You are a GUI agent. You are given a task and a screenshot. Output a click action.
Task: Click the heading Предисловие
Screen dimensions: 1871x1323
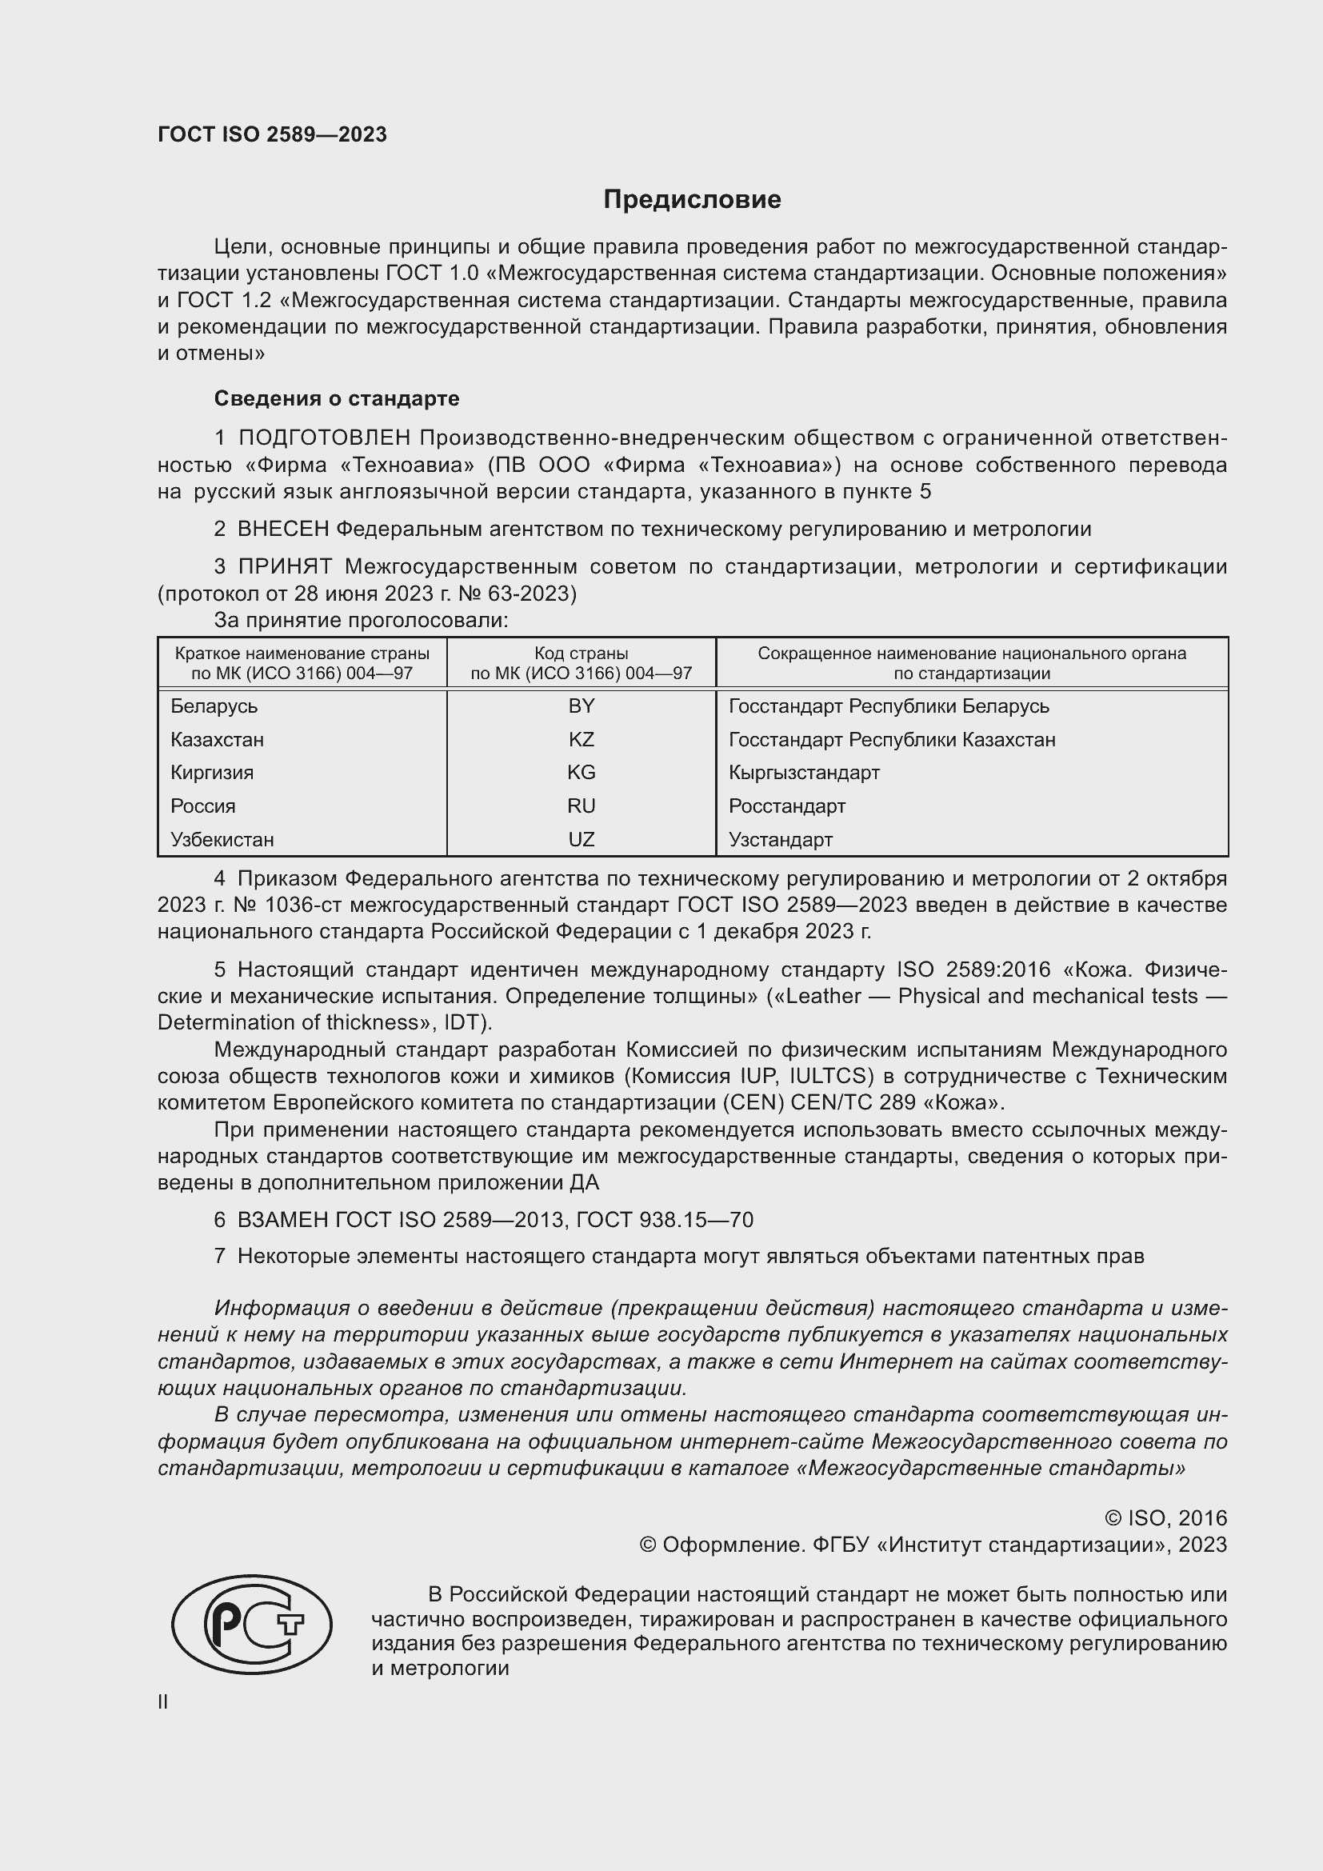coord(692,200)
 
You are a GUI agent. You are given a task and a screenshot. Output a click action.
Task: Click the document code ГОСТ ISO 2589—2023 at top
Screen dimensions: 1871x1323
coord(272,134)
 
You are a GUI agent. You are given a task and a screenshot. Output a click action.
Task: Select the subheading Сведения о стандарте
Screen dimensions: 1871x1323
coord(337,398)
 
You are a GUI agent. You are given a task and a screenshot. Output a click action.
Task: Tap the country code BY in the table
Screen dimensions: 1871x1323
coord(581,706)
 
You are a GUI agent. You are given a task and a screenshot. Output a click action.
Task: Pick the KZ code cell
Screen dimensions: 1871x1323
coord(581,739)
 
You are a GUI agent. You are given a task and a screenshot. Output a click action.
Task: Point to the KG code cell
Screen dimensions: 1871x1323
coord(581,772)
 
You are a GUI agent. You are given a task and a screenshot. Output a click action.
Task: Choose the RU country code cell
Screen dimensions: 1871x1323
coord(581,806)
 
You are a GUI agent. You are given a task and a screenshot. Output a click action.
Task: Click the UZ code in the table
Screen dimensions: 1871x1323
coord(581,838)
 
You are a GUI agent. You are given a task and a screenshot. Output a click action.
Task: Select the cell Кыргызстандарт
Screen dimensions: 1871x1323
coord(803,772)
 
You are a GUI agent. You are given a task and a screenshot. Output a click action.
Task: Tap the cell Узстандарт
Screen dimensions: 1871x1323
coord(780,838)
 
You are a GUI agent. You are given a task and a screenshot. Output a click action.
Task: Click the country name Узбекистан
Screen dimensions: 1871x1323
coord(222,838)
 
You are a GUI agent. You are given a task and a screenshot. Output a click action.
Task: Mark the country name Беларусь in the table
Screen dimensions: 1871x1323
coord(214,706)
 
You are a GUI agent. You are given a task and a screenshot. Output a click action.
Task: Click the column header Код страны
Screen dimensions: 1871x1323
coord(581,653)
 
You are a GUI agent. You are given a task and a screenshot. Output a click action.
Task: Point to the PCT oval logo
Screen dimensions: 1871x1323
coord(252,1624)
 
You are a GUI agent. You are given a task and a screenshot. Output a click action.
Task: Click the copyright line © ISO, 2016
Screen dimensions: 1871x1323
coord(1165,1517)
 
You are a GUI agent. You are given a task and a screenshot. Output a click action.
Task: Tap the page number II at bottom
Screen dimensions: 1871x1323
coord(163,1701)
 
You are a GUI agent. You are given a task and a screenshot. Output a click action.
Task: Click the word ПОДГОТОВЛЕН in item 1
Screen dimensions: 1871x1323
coord(324,438)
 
